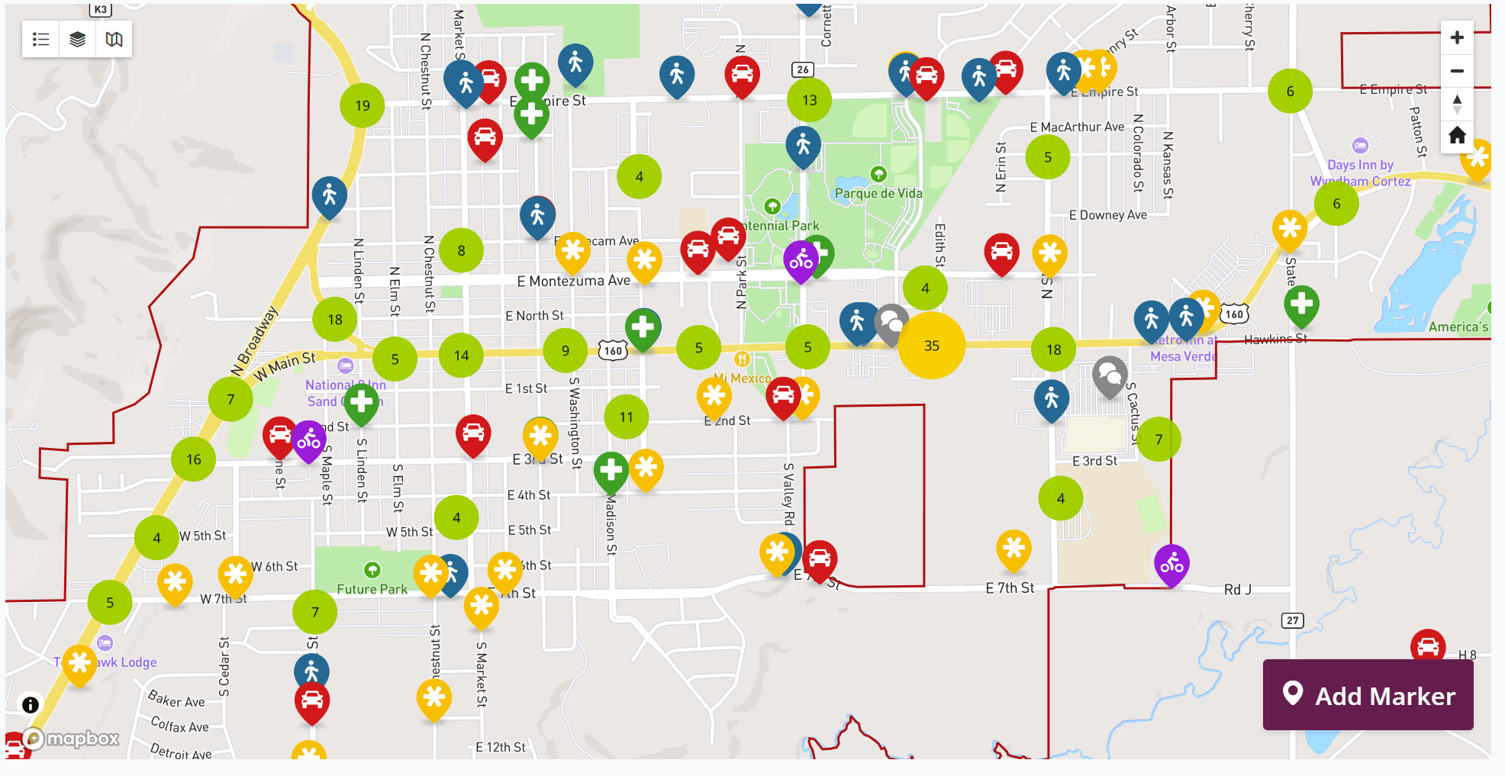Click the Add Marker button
pos(1368,695)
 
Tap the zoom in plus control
pos(1456,38)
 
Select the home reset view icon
pos(1456,136)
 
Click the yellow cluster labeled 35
pos(931,346)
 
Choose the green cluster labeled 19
pos(363,105)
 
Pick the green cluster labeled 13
pos(809,100)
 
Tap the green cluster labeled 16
pos(194,459)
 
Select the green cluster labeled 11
pos(626,417)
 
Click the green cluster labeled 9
pos(565,350)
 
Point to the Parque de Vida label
pos(878,194)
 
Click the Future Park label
pos(372,589)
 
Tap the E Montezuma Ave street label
pos(573,282)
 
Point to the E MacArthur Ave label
pos(1076,127)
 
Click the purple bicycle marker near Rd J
pos(1171,564)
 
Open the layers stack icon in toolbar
pos(77,40)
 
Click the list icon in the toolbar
pos(41,40)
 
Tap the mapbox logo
pos(73,739)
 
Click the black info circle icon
pos(31,704)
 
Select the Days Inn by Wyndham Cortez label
pos(1360,173)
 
